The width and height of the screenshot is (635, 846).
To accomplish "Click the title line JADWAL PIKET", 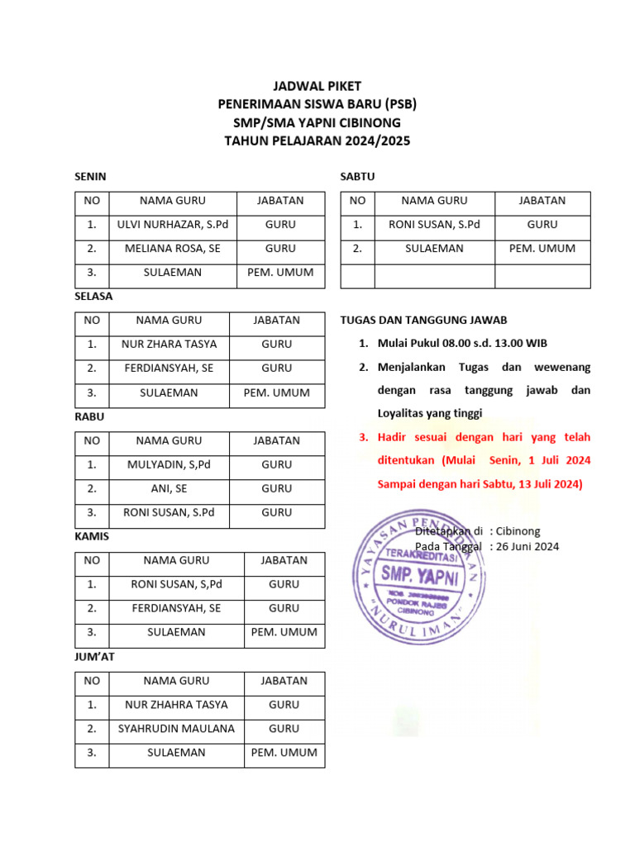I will (x=317, y=87).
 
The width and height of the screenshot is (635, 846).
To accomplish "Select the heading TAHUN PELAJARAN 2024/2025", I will (x=317, y=141).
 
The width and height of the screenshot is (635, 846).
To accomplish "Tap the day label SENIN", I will (x=90, y=177).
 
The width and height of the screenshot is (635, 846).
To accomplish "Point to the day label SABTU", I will (x=358, y=177).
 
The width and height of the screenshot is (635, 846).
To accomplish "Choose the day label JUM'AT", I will (x=93, y=658).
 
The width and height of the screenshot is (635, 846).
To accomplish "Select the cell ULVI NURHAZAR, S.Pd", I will (x=172, y=225).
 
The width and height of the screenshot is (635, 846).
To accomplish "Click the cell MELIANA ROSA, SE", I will (x=172, y=249).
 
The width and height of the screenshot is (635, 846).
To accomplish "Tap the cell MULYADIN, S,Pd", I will (x=169, y=465).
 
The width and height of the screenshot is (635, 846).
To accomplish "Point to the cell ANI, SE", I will (x=169, y=489).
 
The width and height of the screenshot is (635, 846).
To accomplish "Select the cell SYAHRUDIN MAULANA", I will (x=176, y=730).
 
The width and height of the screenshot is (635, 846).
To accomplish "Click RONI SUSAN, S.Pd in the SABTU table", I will (x=434, y=225).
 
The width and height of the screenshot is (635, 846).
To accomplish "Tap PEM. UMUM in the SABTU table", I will (x=542, y=249).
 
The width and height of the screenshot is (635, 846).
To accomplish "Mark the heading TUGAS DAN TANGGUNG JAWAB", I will (x=423, y=321).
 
